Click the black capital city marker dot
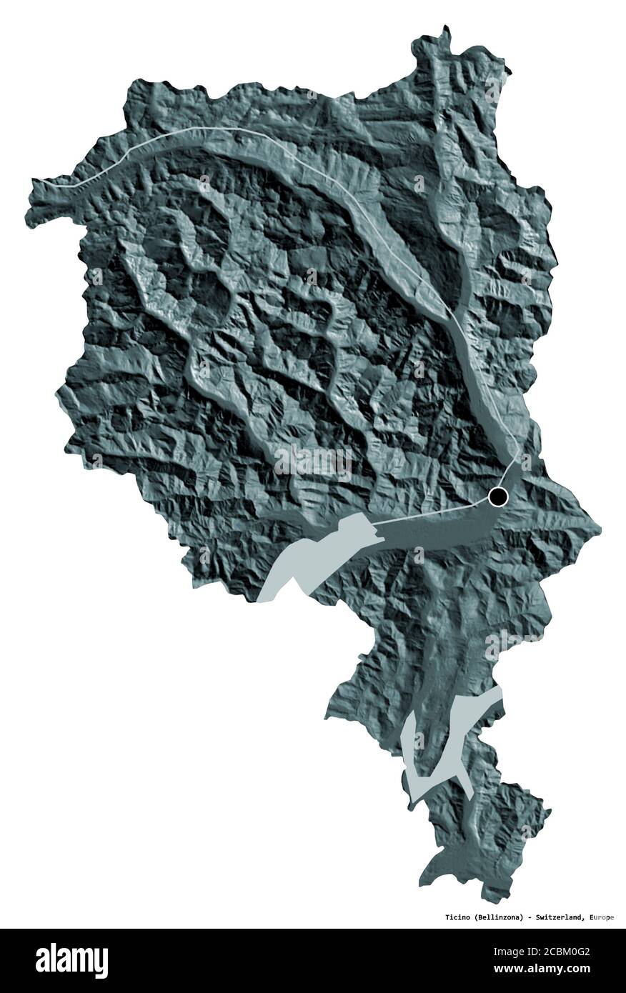[x=498, y=496]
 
